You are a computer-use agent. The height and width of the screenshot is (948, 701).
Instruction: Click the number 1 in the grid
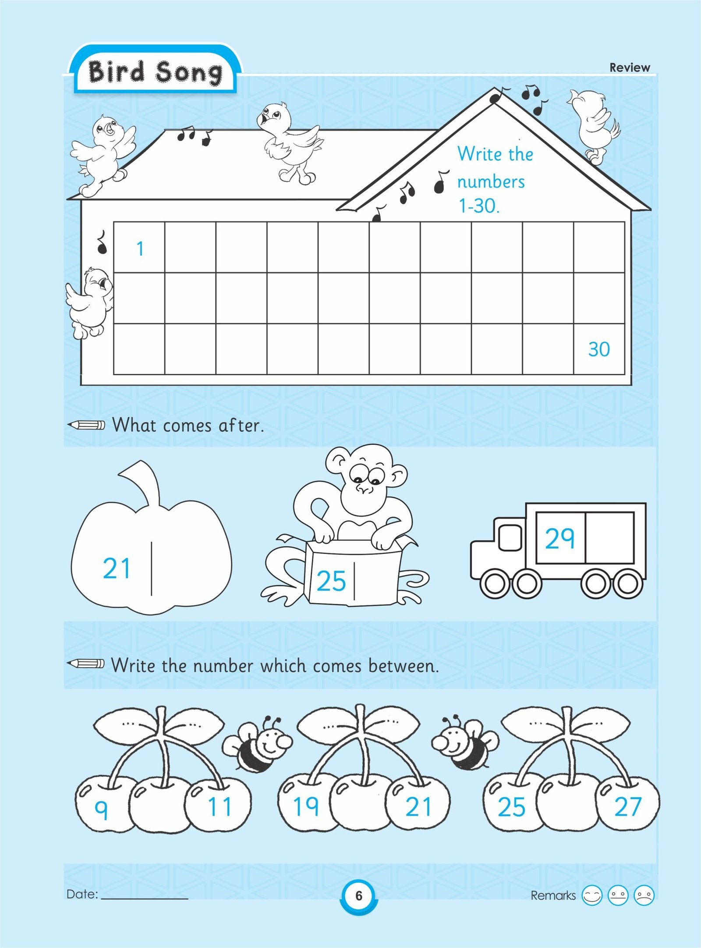[x=140, y=249]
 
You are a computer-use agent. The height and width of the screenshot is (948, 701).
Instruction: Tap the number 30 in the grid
[x=599, y=349]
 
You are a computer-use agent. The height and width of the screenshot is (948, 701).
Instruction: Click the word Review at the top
[x=630, y=67]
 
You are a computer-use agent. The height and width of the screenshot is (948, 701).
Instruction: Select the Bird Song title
[x=155, y=72]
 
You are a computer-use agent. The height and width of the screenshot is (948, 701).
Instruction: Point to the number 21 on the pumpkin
[x=117, y=568]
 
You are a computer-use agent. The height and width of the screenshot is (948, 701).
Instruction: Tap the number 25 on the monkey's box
[x=331, y=581]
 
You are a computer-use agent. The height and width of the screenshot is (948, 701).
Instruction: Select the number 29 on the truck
[x=559, y=538]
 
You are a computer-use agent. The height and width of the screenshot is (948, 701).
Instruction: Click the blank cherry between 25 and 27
[x=570, y=805]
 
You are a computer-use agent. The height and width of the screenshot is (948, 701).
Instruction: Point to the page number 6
[x=359, y=895]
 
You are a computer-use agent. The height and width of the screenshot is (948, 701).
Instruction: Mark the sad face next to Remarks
[x=644, y=895]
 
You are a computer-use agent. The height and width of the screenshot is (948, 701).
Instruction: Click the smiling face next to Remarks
[x=592, y=895]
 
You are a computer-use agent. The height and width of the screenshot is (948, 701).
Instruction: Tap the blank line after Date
[x=145, y=899]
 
